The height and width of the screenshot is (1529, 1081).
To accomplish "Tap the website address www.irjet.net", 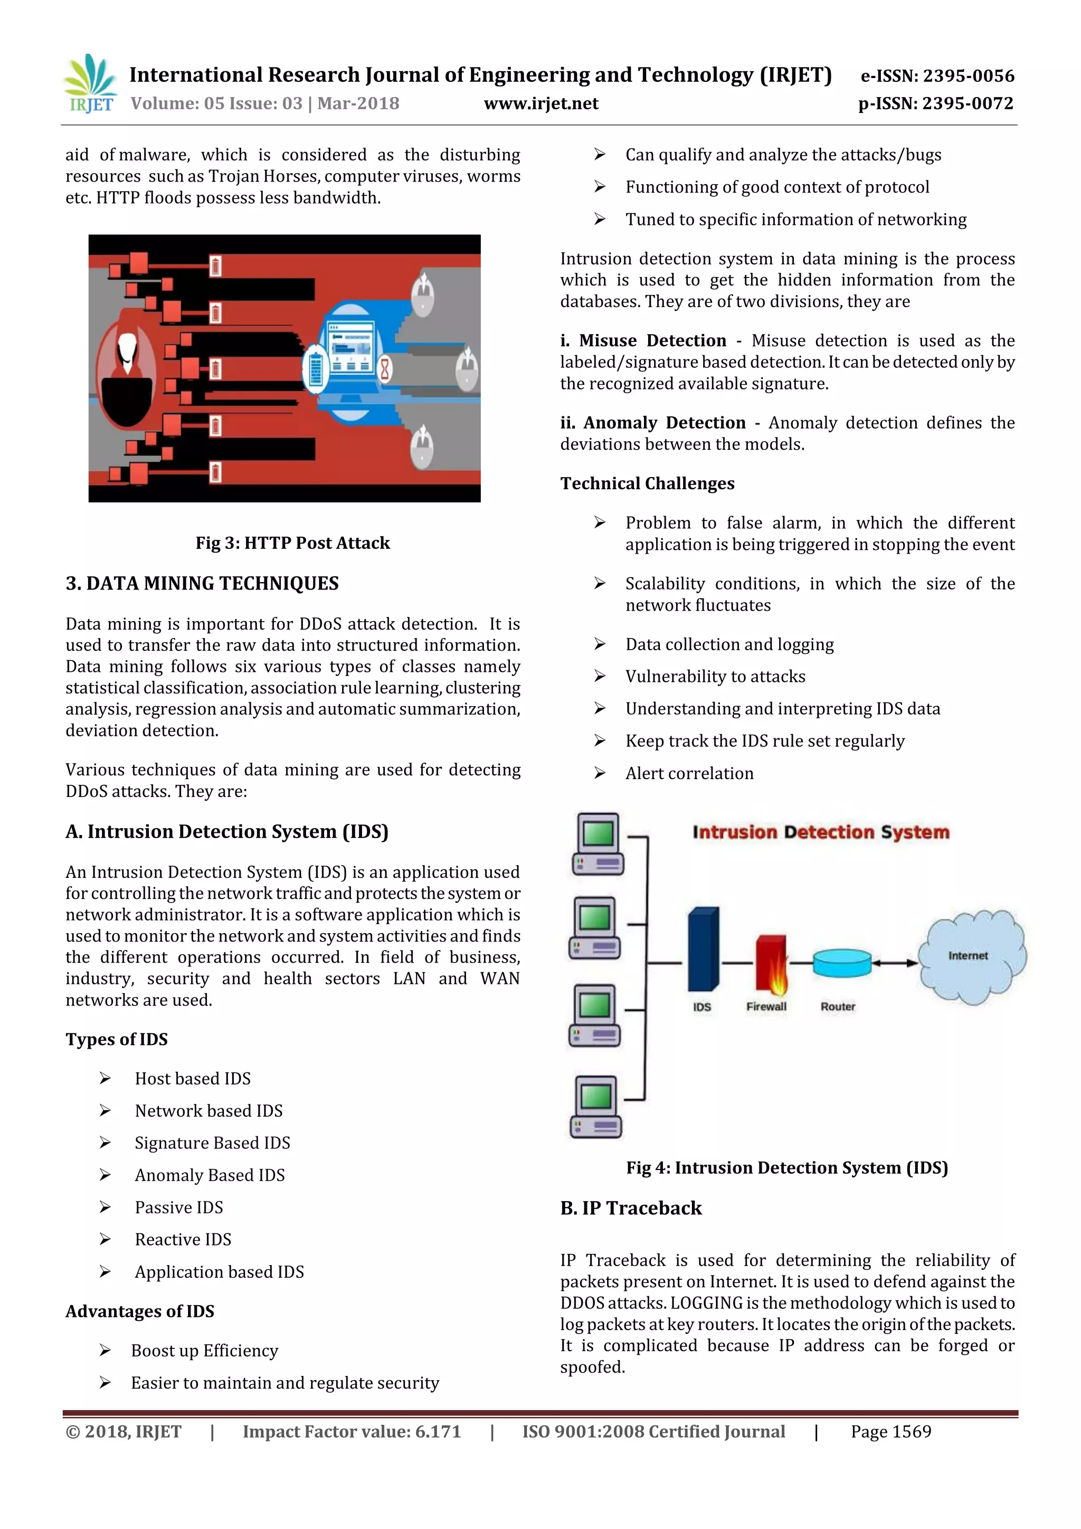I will (541, 104).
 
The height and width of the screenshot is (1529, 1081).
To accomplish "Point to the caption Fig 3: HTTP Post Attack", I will (292, 543).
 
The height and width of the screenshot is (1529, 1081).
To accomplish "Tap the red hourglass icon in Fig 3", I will (385, 368).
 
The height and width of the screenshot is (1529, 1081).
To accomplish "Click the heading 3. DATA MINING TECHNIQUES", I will (202, 583).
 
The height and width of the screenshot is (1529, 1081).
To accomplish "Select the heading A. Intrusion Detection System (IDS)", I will (226, 832).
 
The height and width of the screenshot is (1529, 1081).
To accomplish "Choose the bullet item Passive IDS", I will (178, 1208).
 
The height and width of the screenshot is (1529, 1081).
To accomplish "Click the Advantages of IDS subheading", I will (140, 1311).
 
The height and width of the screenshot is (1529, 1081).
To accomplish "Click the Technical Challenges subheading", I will (647, 483).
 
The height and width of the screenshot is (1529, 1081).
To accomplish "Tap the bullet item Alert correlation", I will (689, 773).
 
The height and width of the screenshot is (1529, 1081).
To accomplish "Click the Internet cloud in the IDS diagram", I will (971, 956).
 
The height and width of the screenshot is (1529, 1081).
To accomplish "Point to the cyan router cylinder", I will (841, 963).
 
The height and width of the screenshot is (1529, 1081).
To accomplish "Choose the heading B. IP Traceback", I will (631, 1208).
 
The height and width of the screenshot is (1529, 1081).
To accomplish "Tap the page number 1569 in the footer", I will (890, 1432).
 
